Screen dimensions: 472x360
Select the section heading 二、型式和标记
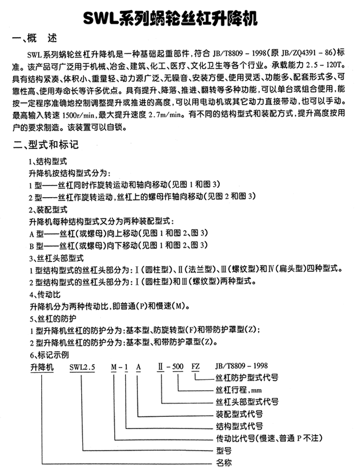pyautogui.click(x=48, y=143)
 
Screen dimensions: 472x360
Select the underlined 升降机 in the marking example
pyautogui.click(x=41, y=366)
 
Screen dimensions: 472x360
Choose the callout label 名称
pyautogui.click(x=223, y=463)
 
